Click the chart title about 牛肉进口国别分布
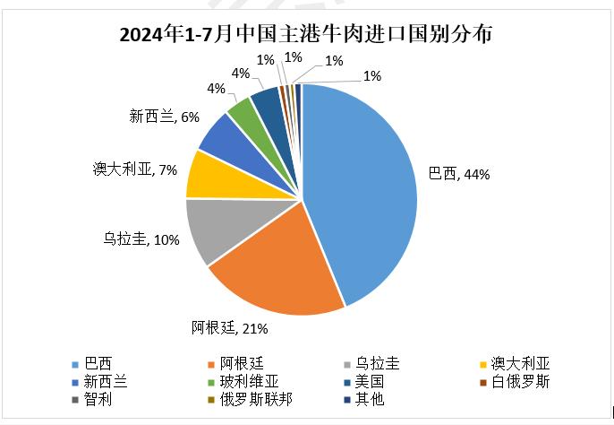point(306,35)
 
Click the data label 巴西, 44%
point(459,174)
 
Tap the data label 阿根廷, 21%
point(230,326)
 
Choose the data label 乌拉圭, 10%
point(141,239)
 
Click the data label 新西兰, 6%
point(163,117)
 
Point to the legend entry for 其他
point(370,399)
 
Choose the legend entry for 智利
point(98,399)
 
